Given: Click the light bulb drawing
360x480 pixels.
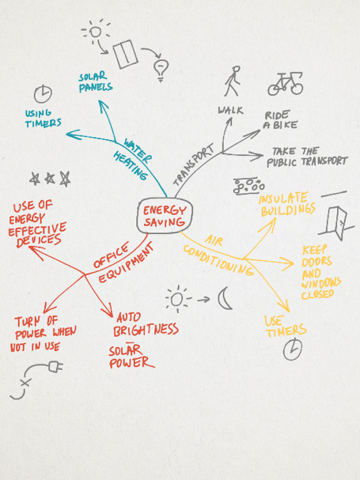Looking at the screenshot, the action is [x=161, y=70].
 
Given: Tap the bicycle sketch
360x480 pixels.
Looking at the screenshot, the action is [x=286, y=84].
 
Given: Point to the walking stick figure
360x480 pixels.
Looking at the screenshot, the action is [x=233, y=81].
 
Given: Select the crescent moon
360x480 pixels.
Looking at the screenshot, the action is [x=223, y=298].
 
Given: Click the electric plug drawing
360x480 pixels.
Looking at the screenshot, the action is [x=55, y=366].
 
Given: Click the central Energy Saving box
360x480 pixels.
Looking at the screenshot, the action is [x=165, y=216].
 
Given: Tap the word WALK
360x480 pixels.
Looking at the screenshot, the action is [x=230, y=110].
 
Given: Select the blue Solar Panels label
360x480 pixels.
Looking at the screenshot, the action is [x=95, y=82].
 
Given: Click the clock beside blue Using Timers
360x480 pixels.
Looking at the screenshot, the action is [x=43, y=94].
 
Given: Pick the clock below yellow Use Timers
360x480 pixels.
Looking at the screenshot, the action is [x=293, y=349].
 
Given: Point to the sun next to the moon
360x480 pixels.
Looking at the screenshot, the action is [x=177, y=299].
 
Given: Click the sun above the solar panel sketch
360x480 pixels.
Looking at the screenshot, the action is [x=95, y=31].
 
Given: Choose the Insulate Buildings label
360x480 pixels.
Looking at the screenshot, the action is [x=287, y=205].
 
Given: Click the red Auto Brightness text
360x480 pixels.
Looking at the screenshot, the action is [x=146, y=325].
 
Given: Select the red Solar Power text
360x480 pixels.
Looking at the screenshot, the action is [x=131, y=357].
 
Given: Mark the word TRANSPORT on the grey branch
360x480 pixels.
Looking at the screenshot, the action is [x=193, y=164].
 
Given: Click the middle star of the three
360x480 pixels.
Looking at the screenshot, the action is [x=50, y=178].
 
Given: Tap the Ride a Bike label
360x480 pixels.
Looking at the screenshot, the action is [x=280, y=120].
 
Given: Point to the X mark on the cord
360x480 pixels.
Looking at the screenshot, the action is [x=26, y=383].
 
